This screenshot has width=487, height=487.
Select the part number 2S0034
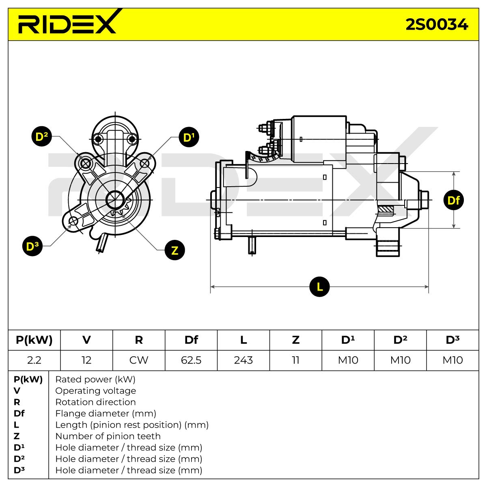[x=437, y=24]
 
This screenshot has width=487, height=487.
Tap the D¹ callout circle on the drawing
[x=189, y=137]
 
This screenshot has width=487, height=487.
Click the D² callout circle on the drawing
[x=42, y=136]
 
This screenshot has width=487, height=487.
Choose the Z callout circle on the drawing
[x=175, y=250]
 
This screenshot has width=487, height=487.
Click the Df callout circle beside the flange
[x=454, y=200]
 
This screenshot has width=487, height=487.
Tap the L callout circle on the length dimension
[x=319, y=287]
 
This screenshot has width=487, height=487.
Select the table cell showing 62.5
[x=191, y=360]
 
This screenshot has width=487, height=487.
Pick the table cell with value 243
[x=243, y=360]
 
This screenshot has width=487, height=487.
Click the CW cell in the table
[x=139, y=360]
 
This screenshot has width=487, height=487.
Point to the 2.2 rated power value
[x=34, y=360]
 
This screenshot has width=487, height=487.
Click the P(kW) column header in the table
[x=34, y=340]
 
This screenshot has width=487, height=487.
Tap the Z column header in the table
[x=296, y=340]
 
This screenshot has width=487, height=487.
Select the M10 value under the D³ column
[x=453, y=360]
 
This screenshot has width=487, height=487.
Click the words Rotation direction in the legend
[x=95, y=402]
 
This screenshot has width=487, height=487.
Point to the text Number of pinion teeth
[x=108, y=436]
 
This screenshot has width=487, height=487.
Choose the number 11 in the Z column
[x=296, y=360]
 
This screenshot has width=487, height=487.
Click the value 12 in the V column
[x=86, y=360]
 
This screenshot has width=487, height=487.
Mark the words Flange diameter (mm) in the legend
[x=106, y=414]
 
